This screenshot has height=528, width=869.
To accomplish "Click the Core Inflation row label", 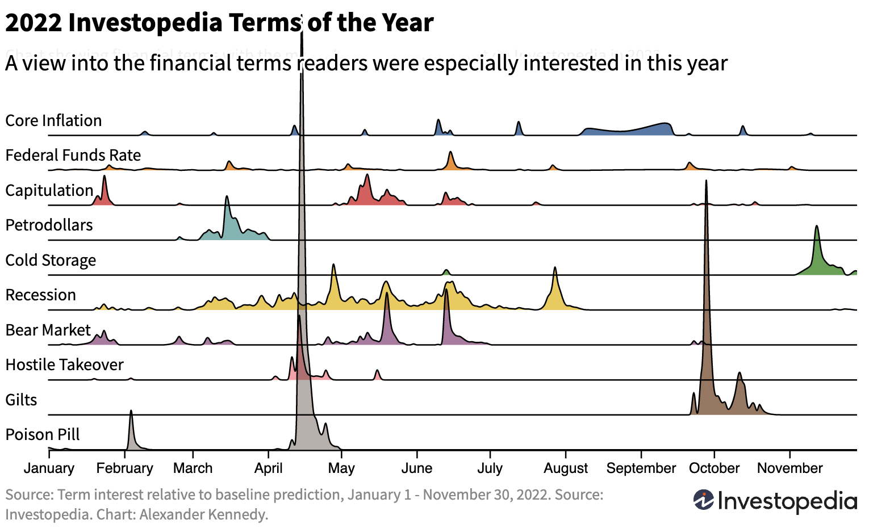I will [x=53, y=121].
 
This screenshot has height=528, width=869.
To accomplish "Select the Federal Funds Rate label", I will [x=73, y=156].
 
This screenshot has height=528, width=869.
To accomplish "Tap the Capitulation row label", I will [x=49, y=191].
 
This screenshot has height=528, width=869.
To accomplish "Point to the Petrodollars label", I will [x=49, y=225].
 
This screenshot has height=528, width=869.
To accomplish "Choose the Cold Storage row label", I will [x=51, y=261].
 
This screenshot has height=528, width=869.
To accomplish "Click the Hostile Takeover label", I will [x=64, y=365].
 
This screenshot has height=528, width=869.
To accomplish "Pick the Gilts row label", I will [x=21, y=400].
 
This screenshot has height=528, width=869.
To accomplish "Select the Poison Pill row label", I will [x=43, y=435].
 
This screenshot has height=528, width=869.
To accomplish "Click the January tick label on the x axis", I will [x=49, y=468].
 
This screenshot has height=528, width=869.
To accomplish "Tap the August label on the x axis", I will [x=566, y=468].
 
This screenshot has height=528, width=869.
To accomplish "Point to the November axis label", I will [x=789, y=468].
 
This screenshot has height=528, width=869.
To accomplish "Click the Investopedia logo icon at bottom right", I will [x=704, y=500].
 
